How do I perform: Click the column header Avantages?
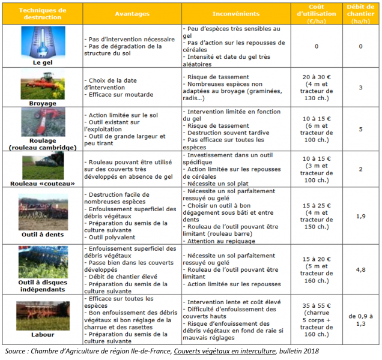[132, 13]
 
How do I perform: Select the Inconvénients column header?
[235, 13]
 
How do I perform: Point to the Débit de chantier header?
[360, 13]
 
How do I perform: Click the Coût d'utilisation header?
[316, 13]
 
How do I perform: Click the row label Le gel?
[42, 61]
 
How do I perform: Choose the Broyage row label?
[42, 103]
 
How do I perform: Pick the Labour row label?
[42, 334]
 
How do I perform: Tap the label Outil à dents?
[42, 235]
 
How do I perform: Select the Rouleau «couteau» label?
[42, 183]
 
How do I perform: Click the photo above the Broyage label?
[42, 84]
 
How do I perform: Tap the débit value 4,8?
[360, 269]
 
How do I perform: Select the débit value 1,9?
[360, 215]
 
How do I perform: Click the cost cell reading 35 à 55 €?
[316, 319]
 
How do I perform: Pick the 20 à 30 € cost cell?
[316, 87]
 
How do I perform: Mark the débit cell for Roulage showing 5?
[360, 129]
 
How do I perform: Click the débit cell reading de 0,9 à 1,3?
[360, 319]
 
